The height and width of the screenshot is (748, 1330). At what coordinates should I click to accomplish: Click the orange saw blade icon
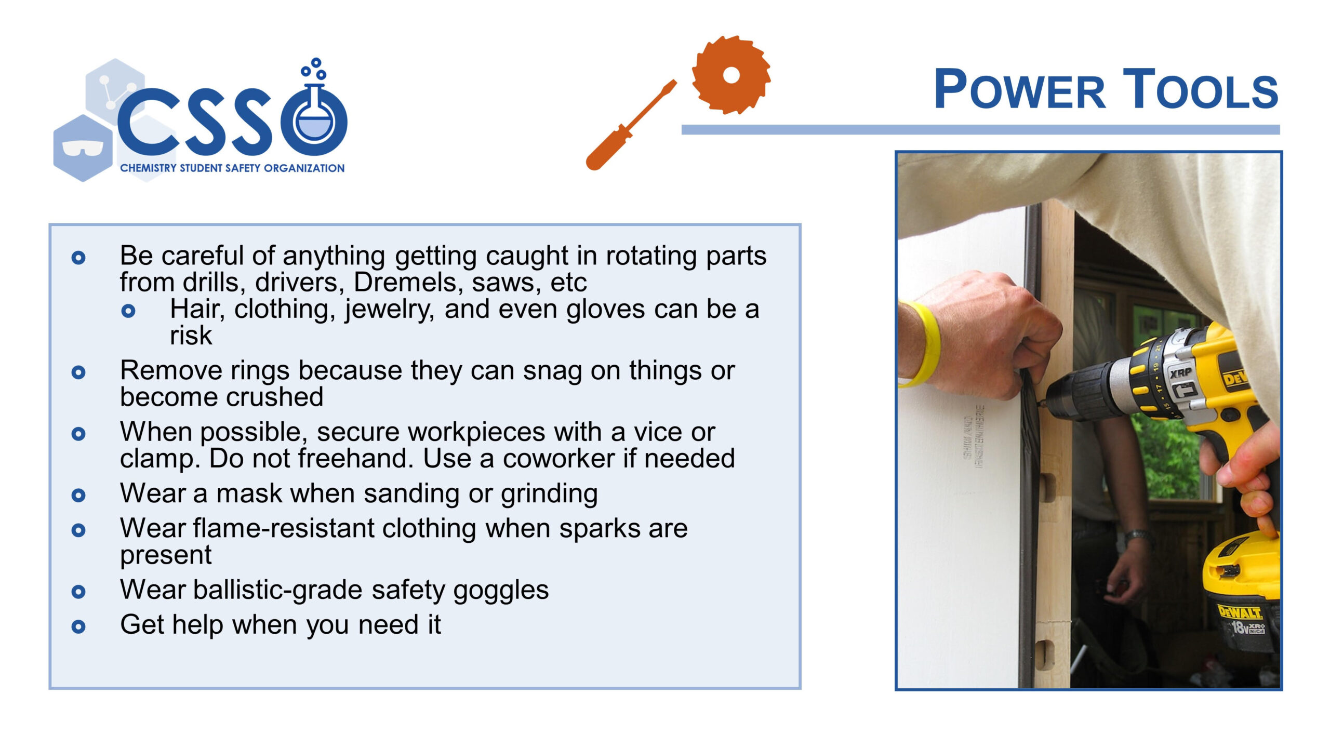point(730,75)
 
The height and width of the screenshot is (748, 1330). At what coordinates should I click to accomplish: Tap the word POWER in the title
point(1019,89)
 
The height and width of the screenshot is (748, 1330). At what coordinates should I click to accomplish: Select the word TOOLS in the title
point(1200,89)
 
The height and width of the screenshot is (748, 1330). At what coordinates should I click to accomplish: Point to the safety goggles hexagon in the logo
point(82,148)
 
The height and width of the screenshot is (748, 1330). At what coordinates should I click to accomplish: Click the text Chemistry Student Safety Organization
point(232,168)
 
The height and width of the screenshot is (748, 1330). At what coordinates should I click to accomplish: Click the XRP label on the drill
point(1180,372)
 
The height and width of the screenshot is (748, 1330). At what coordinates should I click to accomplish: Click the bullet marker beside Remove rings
point(78,372)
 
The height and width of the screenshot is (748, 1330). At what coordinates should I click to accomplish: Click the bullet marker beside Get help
point(78,626)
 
